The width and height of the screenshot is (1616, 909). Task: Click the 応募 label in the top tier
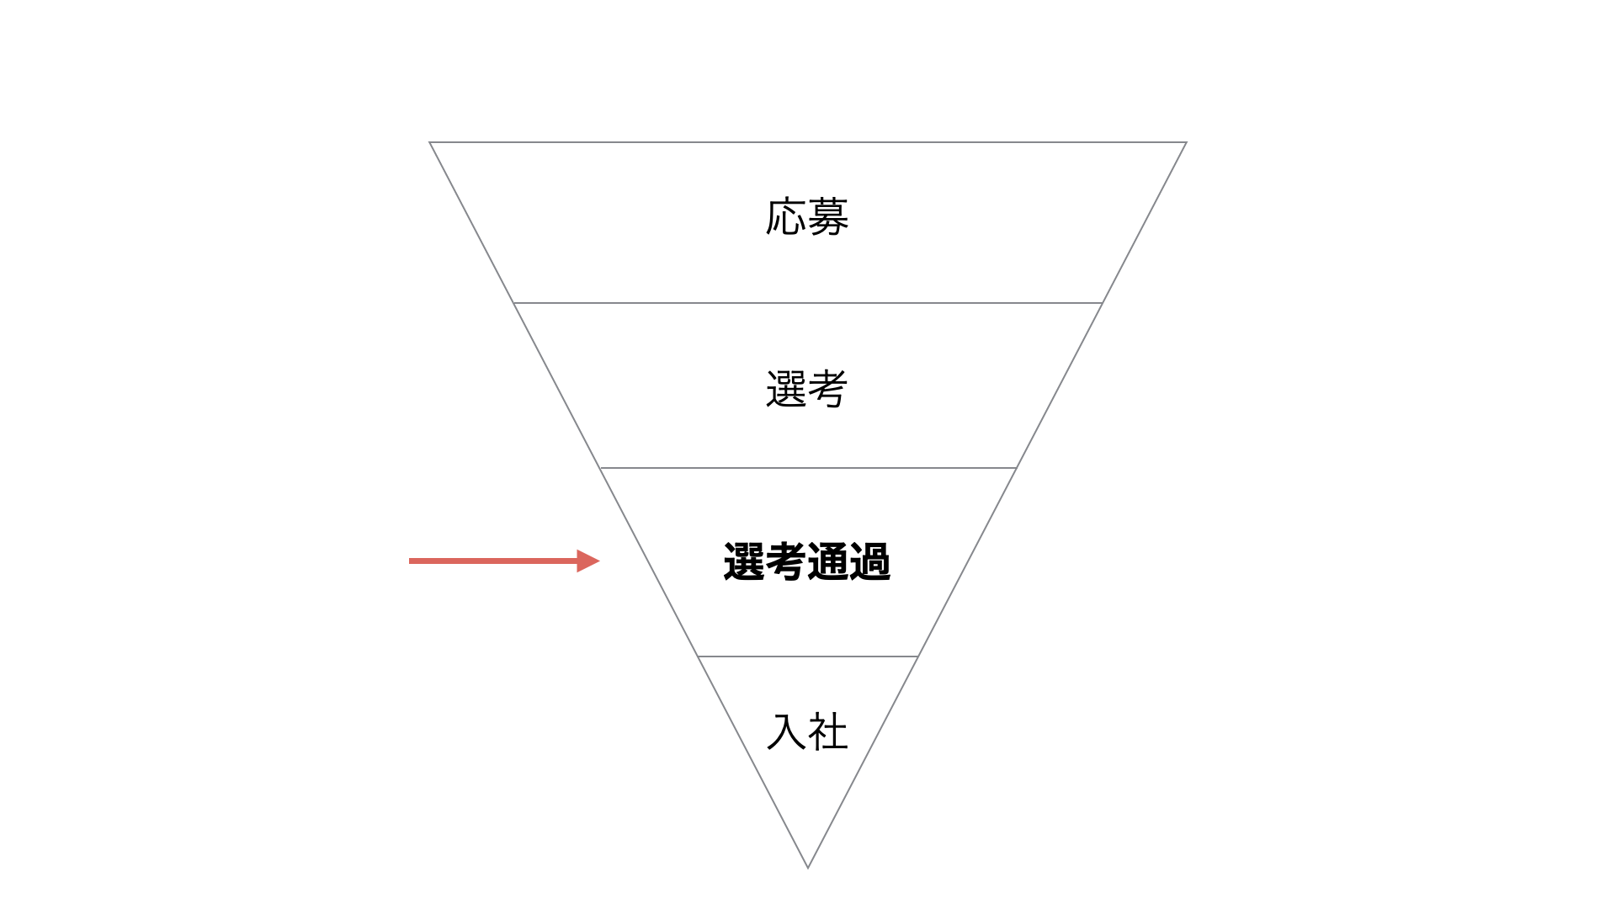807,217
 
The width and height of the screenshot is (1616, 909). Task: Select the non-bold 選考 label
806,389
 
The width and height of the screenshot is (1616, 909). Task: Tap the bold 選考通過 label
807,561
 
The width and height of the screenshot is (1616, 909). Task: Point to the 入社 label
807,731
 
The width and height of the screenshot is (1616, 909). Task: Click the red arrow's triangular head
587,561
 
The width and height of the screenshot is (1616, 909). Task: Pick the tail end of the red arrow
410,561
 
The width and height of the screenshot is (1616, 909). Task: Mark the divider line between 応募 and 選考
808,302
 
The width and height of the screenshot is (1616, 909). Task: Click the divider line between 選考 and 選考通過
808,467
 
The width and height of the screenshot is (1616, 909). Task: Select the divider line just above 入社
808,656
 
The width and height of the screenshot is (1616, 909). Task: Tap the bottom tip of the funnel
808,867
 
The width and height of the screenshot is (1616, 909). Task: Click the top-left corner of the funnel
430,142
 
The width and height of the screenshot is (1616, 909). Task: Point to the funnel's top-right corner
1186,142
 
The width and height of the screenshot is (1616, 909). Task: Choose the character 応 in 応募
786,217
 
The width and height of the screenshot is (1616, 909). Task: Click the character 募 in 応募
828,217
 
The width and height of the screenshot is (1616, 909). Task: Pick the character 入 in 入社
787,731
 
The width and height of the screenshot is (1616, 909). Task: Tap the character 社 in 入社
828,731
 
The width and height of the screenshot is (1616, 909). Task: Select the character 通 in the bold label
828,561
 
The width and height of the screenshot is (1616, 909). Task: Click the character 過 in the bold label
870,561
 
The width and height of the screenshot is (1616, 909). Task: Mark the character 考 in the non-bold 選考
828,389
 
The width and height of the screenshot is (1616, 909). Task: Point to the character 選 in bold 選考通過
744,561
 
